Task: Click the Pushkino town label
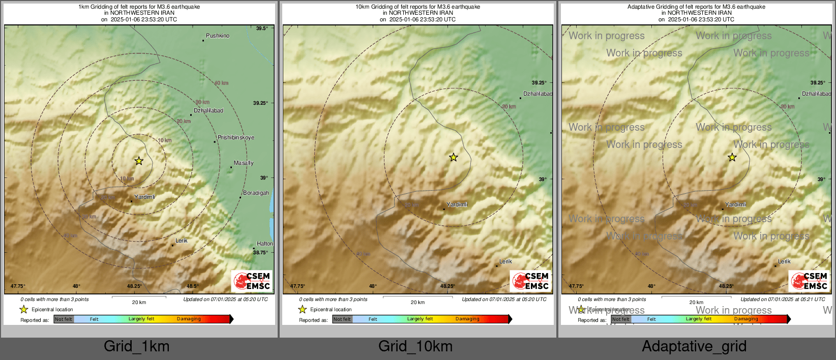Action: [x=217, y=36]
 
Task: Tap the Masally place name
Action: [x=243, y=163]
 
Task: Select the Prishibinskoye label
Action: [x=235, y=138]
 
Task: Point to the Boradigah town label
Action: [x=256, y=193]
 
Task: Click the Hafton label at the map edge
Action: [x=264, y=244]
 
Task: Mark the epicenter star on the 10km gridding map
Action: [x=453, y=158]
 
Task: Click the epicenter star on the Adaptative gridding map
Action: [x=732, y=158]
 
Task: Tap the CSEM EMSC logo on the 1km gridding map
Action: [x=252, y=281]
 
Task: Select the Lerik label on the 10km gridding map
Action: [x=505, y=262]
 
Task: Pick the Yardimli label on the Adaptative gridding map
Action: [x=735, y=205]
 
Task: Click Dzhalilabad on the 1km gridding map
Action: [x=208, y=111]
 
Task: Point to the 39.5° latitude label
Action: [x=261, y=28]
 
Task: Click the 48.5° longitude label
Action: [x=192, y=286]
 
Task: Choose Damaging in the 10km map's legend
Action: [x=467, y=319]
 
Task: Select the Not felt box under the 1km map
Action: [x=64, y=319]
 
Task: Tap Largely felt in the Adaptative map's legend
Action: [x=698, y=319]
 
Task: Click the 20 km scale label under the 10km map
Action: [x=417, y=303]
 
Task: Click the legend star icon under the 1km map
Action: [x=23, y=309]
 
